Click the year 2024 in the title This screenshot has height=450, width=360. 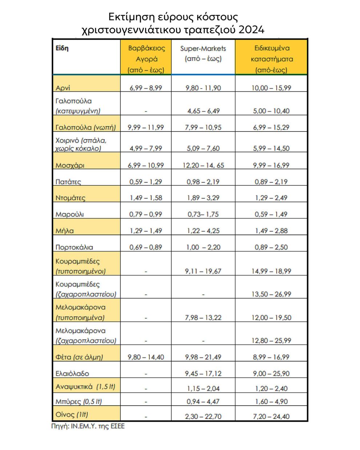pos(251,29)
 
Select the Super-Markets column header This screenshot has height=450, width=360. pos(203,53)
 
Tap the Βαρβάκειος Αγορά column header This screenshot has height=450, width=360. pos(146,59)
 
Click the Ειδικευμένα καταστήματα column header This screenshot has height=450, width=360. pos(271,59)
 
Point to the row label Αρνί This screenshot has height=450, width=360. pos(63,88)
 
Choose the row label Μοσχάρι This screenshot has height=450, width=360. pos(70,165)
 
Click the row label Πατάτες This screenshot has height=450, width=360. pos(68,182)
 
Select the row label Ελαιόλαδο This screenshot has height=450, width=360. pos(72,373)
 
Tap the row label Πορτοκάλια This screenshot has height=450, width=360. pos(74,247)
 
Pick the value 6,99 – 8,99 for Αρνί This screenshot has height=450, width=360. pos(146,88)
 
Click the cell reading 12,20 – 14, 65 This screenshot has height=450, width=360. pos(203,165)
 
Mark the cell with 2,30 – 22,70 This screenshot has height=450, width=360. pos(203,417)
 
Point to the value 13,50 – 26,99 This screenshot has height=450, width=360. pos(271,294)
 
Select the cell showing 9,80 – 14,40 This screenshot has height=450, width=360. pos(146,357)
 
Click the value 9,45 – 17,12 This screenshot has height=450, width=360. pos(203,373)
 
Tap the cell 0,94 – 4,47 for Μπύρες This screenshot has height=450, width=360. pos(203,402)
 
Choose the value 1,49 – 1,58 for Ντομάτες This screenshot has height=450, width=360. pos(146,198)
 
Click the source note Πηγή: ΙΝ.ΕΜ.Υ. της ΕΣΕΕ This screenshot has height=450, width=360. pos(88,426)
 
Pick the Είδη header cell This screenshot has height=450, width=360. pos(62,48)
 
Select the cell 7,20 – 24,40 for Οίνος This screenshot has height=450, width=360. pos(271,417)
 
